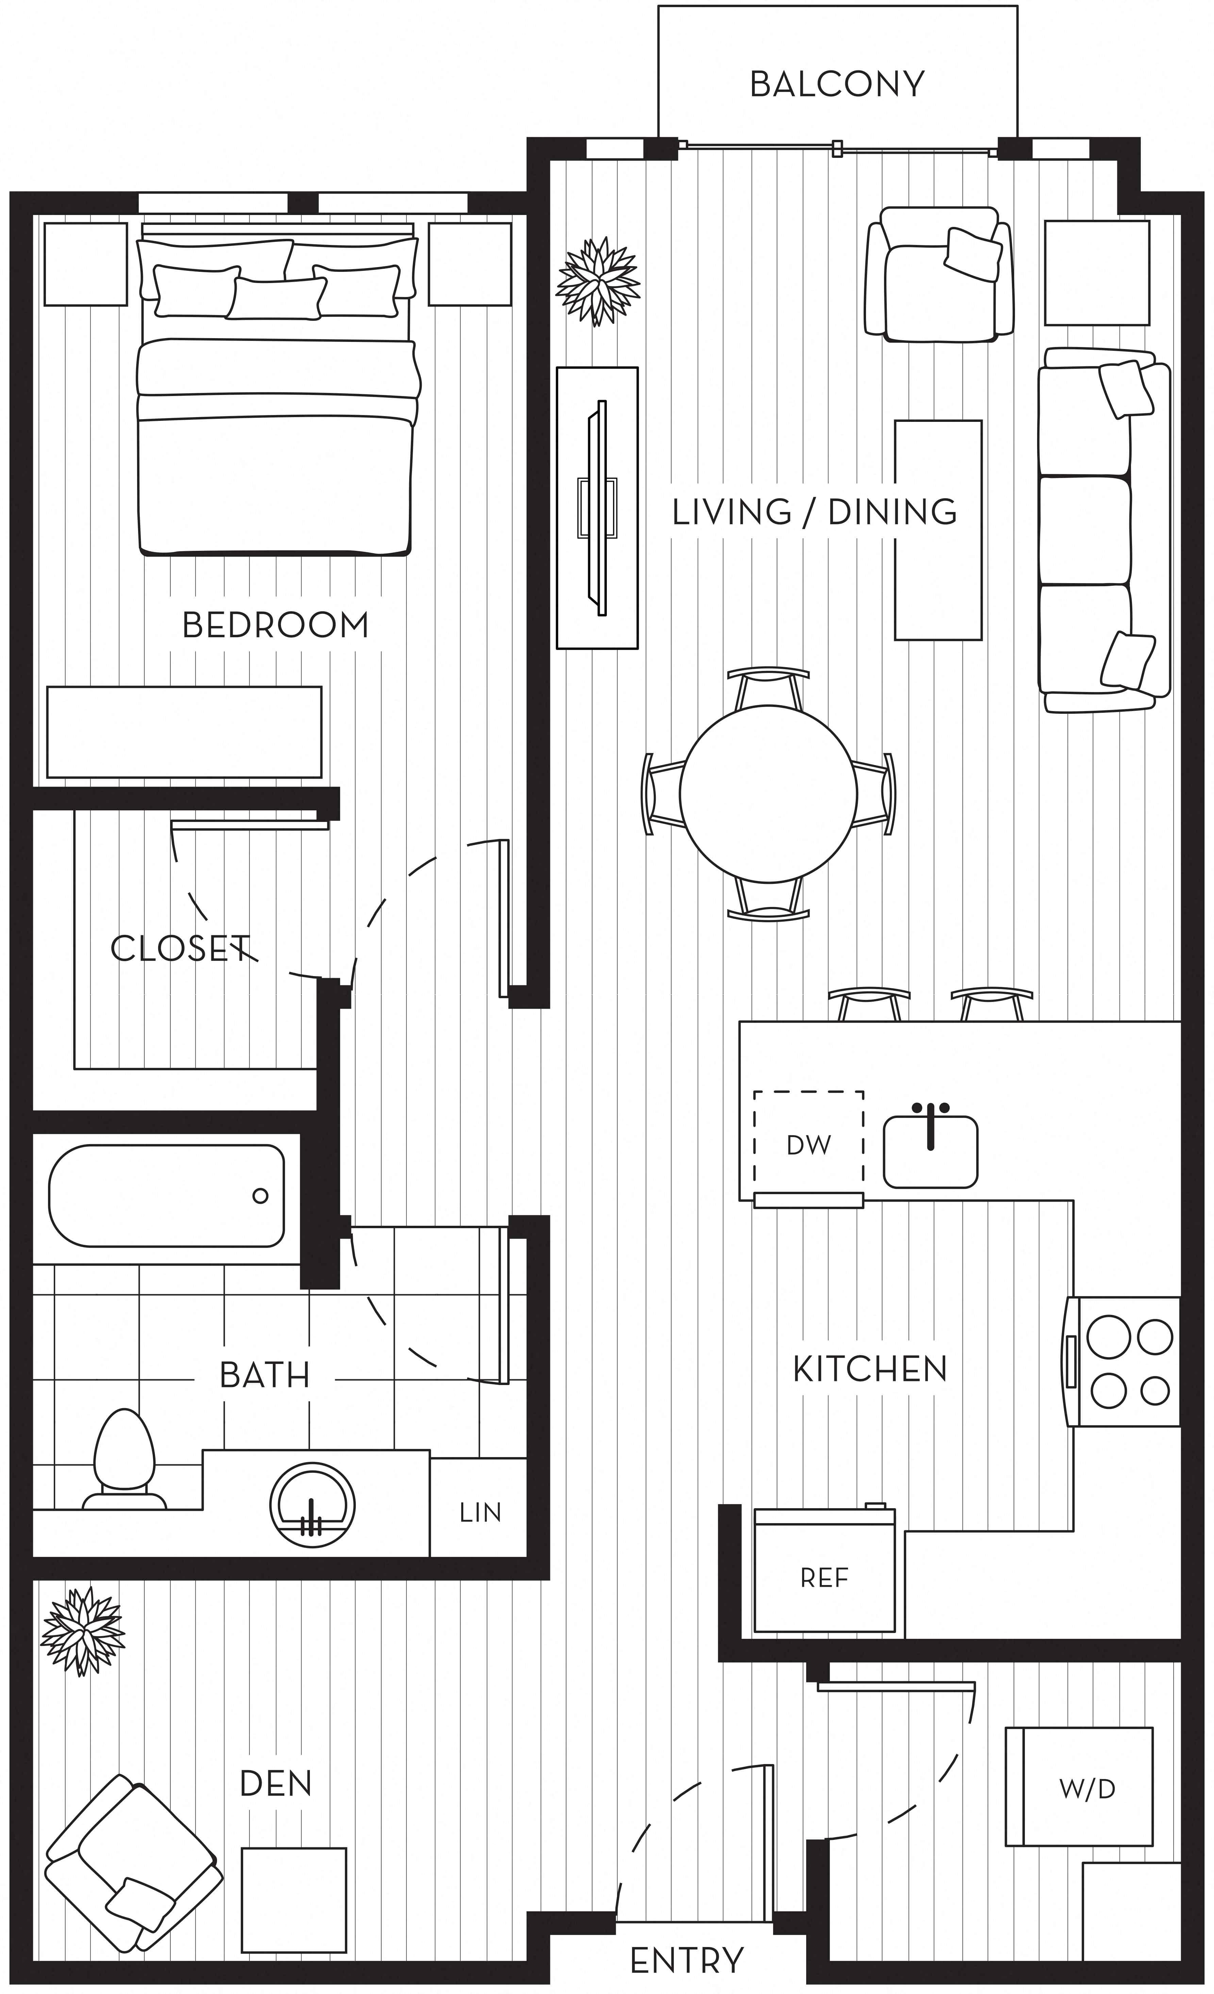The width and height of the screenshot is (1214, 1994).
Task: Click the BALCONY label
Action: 837,84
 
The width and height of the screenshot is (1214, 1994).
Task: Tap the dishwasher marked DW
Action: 809,1144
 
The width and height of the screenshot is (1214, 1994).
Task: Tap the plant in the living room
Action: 598,281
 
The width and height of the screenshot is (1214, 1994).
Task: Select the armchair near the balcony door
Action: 939,274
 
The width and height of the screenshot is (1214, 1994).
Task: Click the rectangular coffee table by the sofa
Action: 938,530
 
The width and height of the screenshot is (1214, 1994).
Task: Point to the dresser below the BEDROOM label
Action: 184,732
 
